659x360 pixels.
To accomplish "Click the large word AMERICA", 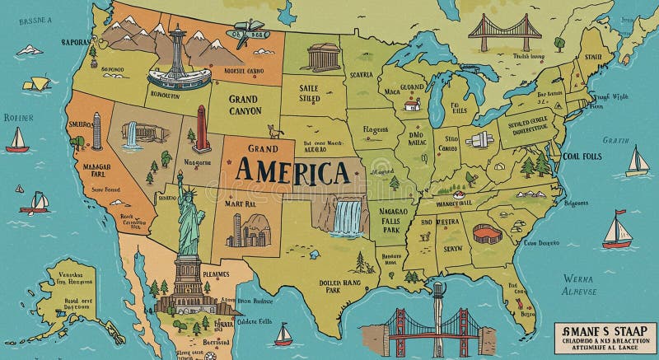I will [293, 172].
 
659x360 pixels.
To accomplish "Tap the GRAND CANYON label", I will [245, 105].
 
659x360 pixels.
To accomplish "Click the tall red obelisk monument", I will [201, 129].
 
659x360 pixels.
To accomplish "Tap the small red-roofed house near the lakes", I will [412, 105].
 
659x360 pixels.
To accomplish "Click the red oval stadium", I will [487, 235].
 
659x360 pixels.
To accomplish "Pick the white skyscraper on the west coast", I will [96, 131].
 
